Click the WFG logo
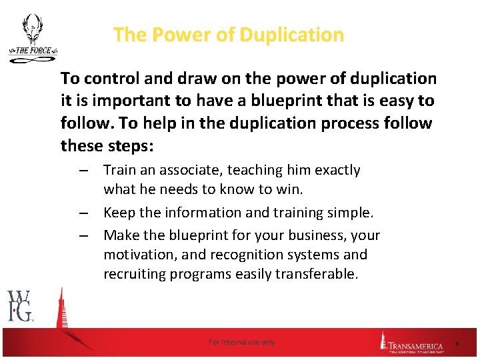[x=20, y=306]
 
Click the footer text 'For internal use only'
[x=241, y=342]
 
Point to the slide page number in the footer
[x=458, y=343]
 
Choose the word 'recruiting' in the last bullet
[x=133, y=274]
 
